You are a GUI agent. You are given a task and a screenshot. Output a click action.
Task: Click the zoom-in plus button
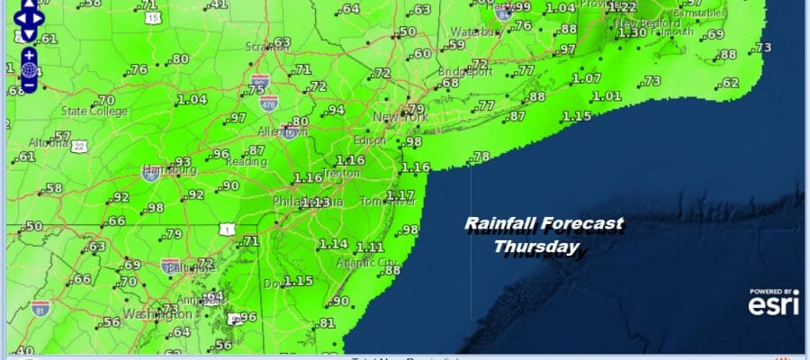[x=28, y=54]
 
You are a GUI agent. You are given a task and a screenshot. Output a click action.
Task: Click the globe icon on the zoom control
[x=28, y=69]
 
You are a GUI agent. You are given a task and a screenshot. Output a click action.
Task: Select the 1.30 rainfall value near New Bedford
[x=634, y=33]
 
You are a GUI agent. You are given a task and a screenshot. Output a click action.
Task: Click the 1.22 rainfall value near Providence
[x=622, y=7]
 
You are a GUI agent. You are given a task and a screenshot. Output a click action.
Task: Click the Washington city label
[x=154, y=315]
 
